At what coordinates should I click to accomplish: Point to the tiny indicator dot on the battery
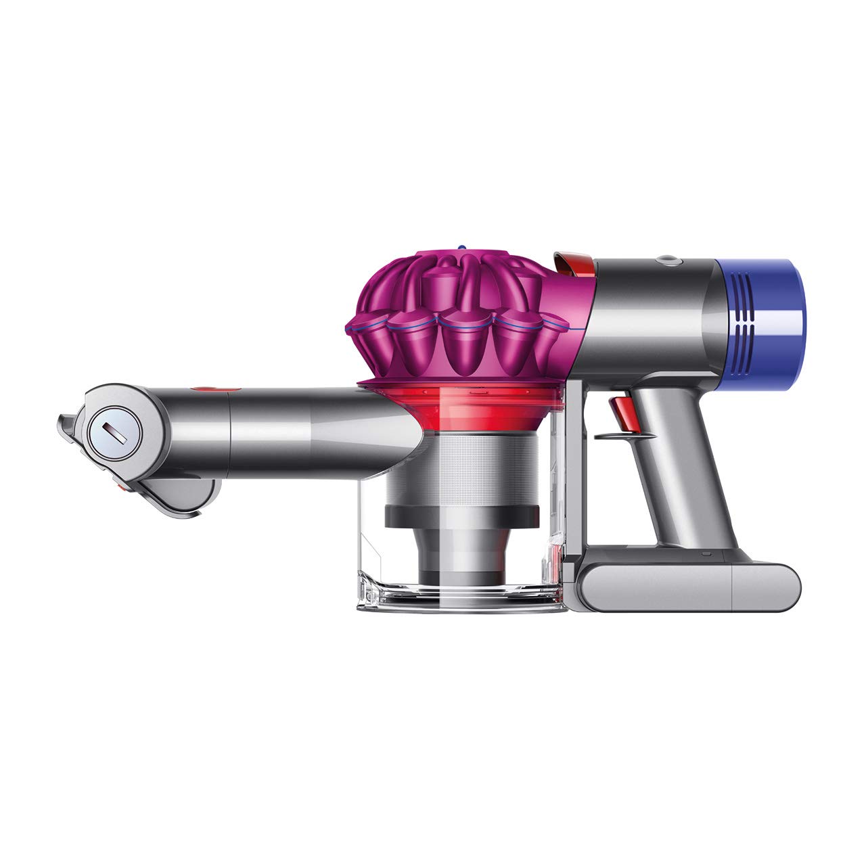pyautogui.click(x=705, y=555)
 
